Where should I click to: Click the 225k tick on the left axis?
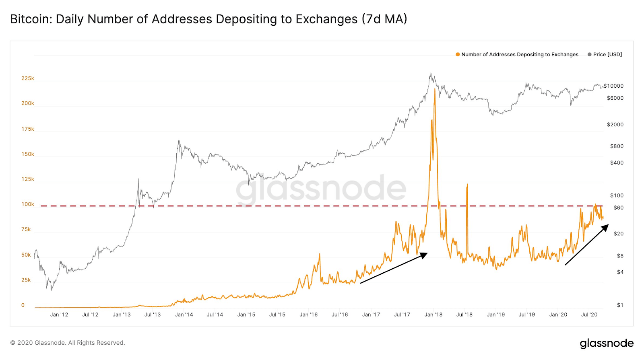[x=28, y=78]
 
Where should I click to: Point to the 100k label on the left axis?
[x=28, y=204]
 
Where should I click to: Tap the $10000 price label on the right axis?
[x=613, y=86]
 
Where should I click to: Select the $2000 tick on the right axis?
[x=615, y=124]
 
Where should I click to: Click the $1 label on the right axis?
[x=620, y=305]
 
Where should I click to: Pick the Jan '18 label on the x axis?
[x=433, y=315]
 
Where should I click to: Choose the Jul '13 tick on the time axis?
[x=153, y=315]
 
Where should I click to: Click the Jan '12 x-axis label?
[x=59, y=315]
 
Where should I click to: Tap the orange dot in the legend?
[x=458, y=55]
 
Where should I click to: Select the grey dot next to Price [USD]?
[x=589, y=55]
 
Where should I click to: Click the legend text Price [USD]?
[x=607, y=55]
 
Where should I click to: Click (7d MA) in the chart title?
[x=384, y=19]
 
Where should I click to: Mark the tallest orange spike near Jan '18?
[x=434, y=89]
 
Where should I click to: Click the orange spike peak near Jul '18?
[x=467, y=184]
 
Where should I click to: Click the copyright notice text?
[x=68, y=343]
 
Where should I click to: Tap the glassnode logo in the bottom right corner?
[x=607, y=344]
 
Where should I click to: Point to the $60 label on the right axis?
[x=618, y=208]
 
